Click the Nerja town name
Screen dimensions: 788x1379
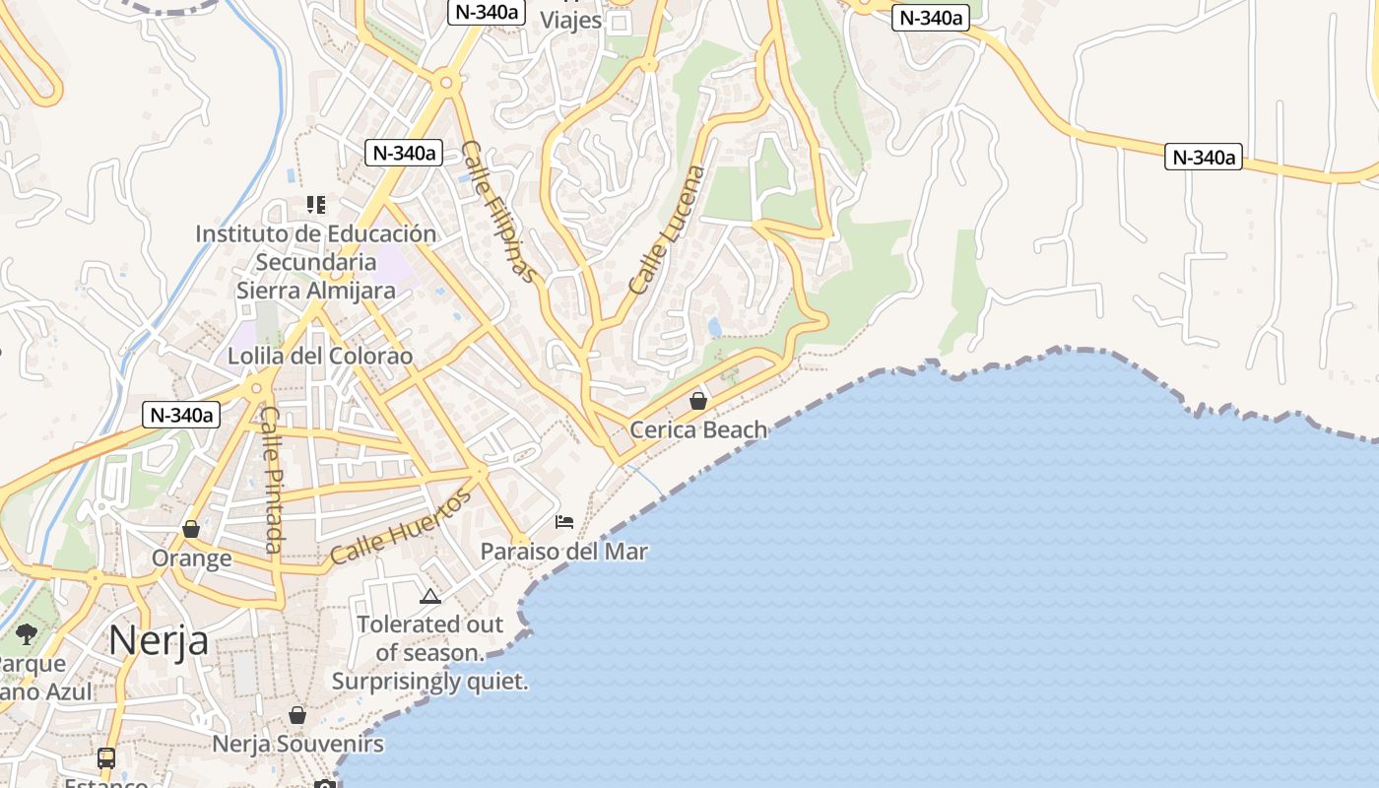[158, 640]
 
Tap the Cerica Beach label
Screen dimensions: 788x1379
[697, 429]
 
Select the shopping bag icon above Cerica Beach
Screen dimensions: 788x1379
[698, 401]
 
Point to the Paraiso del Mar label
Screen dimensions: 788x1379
[563, 551]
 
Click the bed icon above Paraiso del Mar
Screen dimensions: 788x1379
[564, 521]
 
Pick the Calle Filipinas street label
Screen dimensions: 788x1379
[500, 212]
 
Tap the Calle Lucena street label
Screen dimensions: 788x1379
[668, 230]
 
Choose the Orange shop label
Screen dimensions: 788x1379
[191, 558]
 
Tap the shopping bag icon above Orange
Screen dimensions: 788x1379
[191, 529]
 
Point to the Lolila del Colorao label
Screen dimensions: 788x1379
[320, 356]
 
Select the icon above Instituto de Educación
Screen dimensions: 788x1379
[315, 205]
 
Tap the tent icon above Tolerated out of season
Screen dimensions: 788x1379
[429, 596]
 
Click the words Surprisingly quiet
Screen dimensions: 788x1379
[429, 681]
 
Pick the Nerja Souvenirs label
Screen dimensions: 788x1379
[297, 744]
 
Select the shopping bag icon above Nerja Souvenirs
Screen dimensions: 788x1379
[297, 715]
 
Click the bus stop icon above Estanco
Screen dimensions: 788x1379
[105, 758]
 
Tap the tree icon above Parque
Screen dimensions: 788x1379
[27, 633]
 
